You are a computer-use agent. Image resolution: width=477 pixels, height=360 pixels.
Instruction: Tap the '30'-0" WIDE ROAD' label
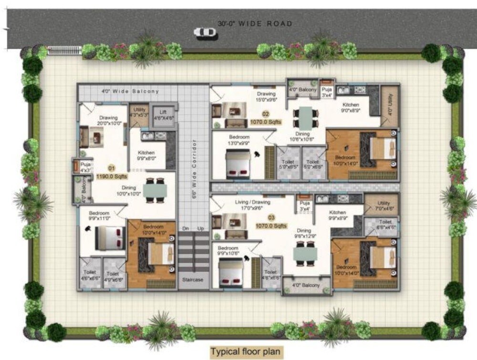pyautogui.click(x=255, y=23)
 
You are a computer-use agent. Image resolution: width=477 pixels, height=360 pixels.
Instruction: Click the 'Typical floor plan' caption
pyautogui.click(x=247, y=352)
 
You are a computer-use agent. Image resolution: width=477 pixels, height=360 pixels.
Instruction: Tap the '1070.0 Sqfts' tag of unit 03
pyautogui.click(x=271, y=226)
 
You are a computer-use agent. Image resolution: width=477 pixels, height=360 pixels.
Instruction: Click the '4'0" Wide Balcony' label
pyautogui.click(x=130, y=91)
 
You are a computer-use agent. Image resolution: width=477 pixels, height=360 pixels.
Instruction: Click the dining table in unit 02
pyautogui.click(x=305, y=117)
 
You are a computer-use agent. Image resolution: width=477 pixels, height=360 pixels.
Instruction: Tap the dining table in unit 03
pyautogui.click(x=305, y=254)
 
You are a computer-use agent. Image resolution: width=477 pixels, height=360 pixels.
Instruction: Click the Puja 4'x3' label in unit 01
pyautogui.click(x=85, y=167)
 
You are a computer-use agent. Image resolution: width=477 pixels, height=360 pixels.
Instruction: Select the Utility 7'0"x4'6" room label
pyautogui.click(x=384, y=206)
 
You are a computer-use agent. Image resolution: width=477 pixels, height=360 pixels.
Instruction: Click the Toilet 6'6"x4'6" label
pyautogui.click(x=385, y=225)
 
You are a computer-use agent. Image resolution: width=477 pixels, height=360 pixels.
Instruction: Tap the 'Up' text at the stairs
pyautogui.click(x=201, y=229)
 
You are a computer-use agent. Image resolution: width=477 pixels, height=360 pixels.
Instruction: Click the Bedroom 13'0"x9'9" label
pyautogui.click(x=239, y=140)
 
